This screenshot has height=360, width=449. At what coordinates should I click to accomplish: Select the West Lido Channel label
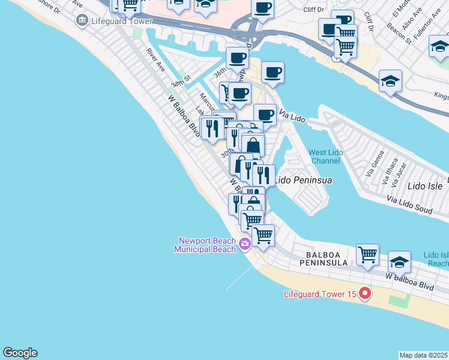tap(326, 157)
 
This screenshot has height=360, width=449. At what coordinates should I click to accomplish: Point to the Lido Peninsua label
tap(303, 179)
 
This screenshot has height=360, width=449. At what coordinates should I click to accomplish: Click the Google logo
tap(20, 353)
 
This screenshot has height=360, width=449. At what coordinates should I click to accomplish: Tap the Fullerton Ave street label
tap(427, 37)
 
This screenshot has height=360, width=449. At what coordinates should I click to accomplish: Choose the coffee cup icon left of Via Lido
tap(265, 114)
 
